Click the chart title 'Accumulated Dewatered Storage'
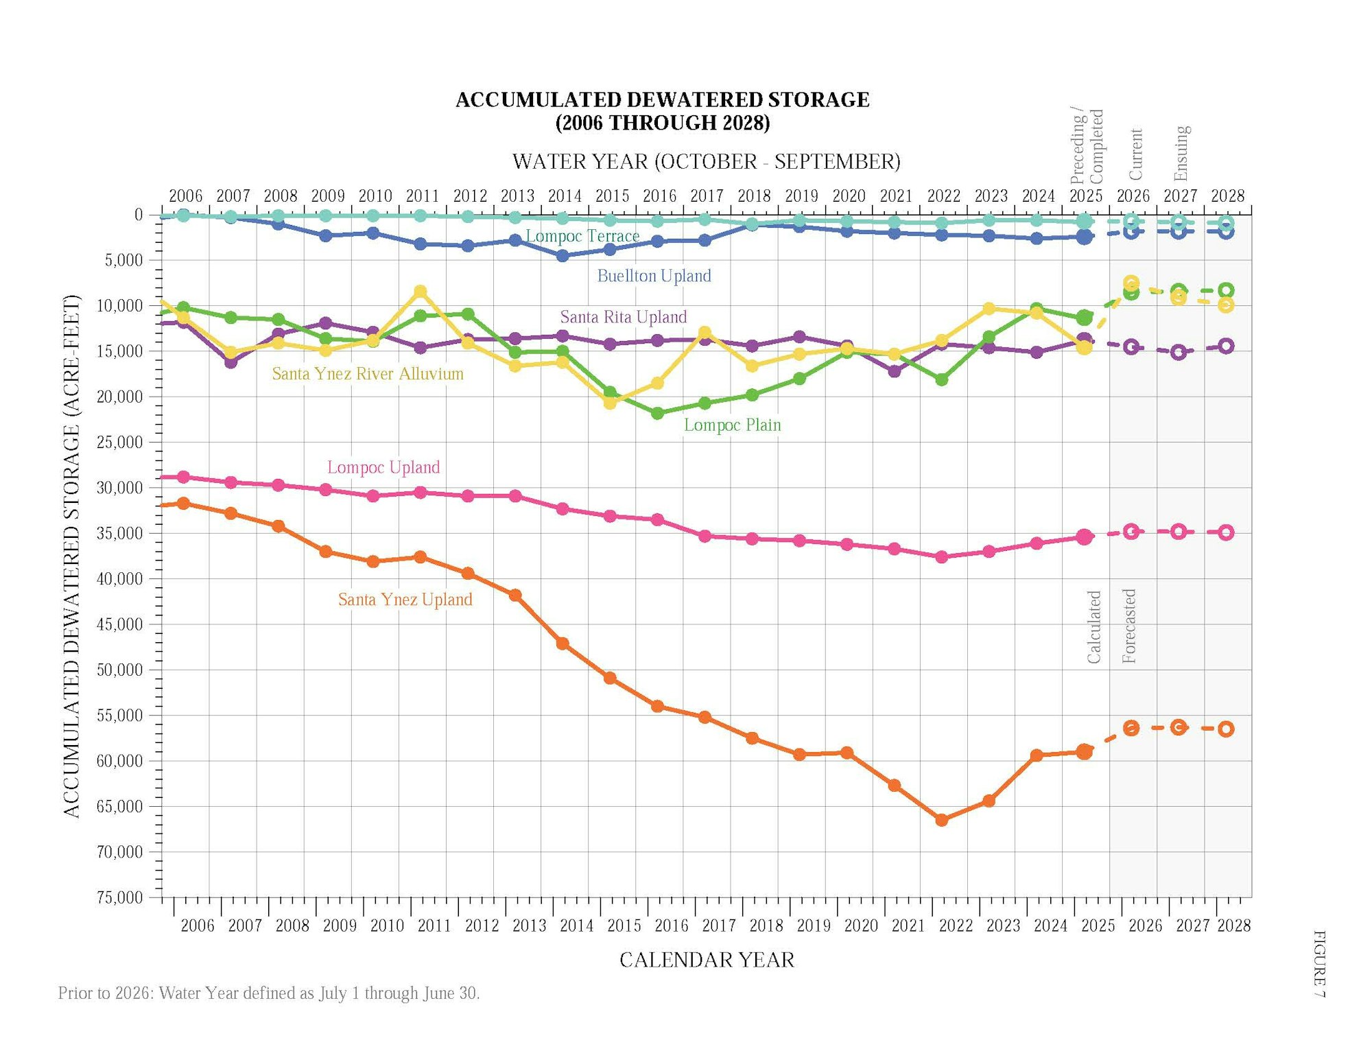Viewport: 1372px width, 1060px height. (x=662, y=100)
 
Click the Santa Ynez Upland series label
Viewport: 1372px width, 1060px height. (x=405, y=600)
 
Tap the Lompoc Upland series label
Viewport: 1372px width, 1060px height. (x=383, y=467)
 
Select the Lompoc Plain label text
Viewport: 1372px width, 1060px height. (x=732, y=425)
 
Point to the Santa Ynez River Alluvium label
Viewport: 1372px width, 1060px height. (x=368, y=374)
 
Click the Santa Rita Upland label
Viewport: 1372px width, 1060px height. (x=623, y=317)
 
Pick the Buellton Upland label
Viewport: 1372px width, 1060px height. (x=654, y=276)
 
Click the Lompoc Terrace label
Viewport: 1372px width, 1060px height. (x=582, y=236)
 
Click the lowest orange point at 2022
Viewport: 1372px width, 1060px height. (x=941, y=820)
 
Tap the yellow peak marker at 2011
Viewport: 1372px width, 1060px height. (x=421, y=292)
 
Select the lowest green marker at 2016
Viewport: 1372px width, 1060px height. (x=657, y=413)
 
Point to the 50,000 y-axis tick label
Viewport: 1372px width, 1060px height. (x=119, y=670)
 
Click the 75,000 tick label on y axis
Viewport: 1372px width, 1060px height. (x=119, y=897)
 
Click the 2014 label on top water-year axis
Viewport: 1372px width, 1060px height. (x=565, y=196)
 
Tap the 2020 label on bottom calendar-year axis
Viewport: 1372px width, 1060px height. (x=860, y=926)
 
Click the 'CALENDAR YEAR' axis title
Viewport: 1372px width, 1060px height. (x=707, y=960)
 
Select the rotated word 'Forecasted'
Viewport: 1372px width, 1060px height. (x=1128, y=626)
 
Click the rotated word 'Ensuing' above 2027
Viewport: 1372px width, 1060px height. (x=1181, y=152)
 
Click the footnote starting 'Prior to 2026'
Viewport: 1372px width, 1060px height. (x=268, y=993)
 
